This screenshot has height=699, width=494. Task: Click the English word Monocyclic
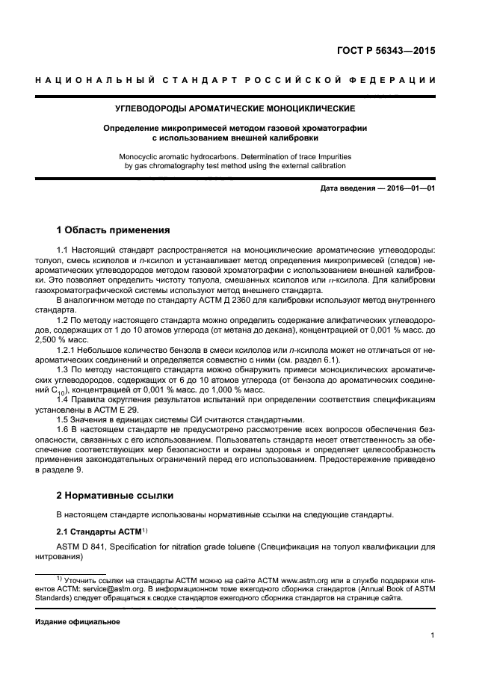click(x=141, y=156)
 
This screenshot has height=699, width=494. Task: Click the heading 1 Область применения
click(x=114, y=230)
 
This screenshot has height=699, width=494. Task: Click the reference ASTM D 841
click(x=84, y=546)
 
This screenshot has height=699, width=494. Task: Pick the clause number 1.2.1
click(x=68, y=350)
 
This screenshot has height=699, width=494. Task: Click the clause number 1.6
click(x=64, y=429)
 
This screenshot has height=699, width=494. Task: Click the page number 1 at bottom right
click(x=433, y=635)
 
